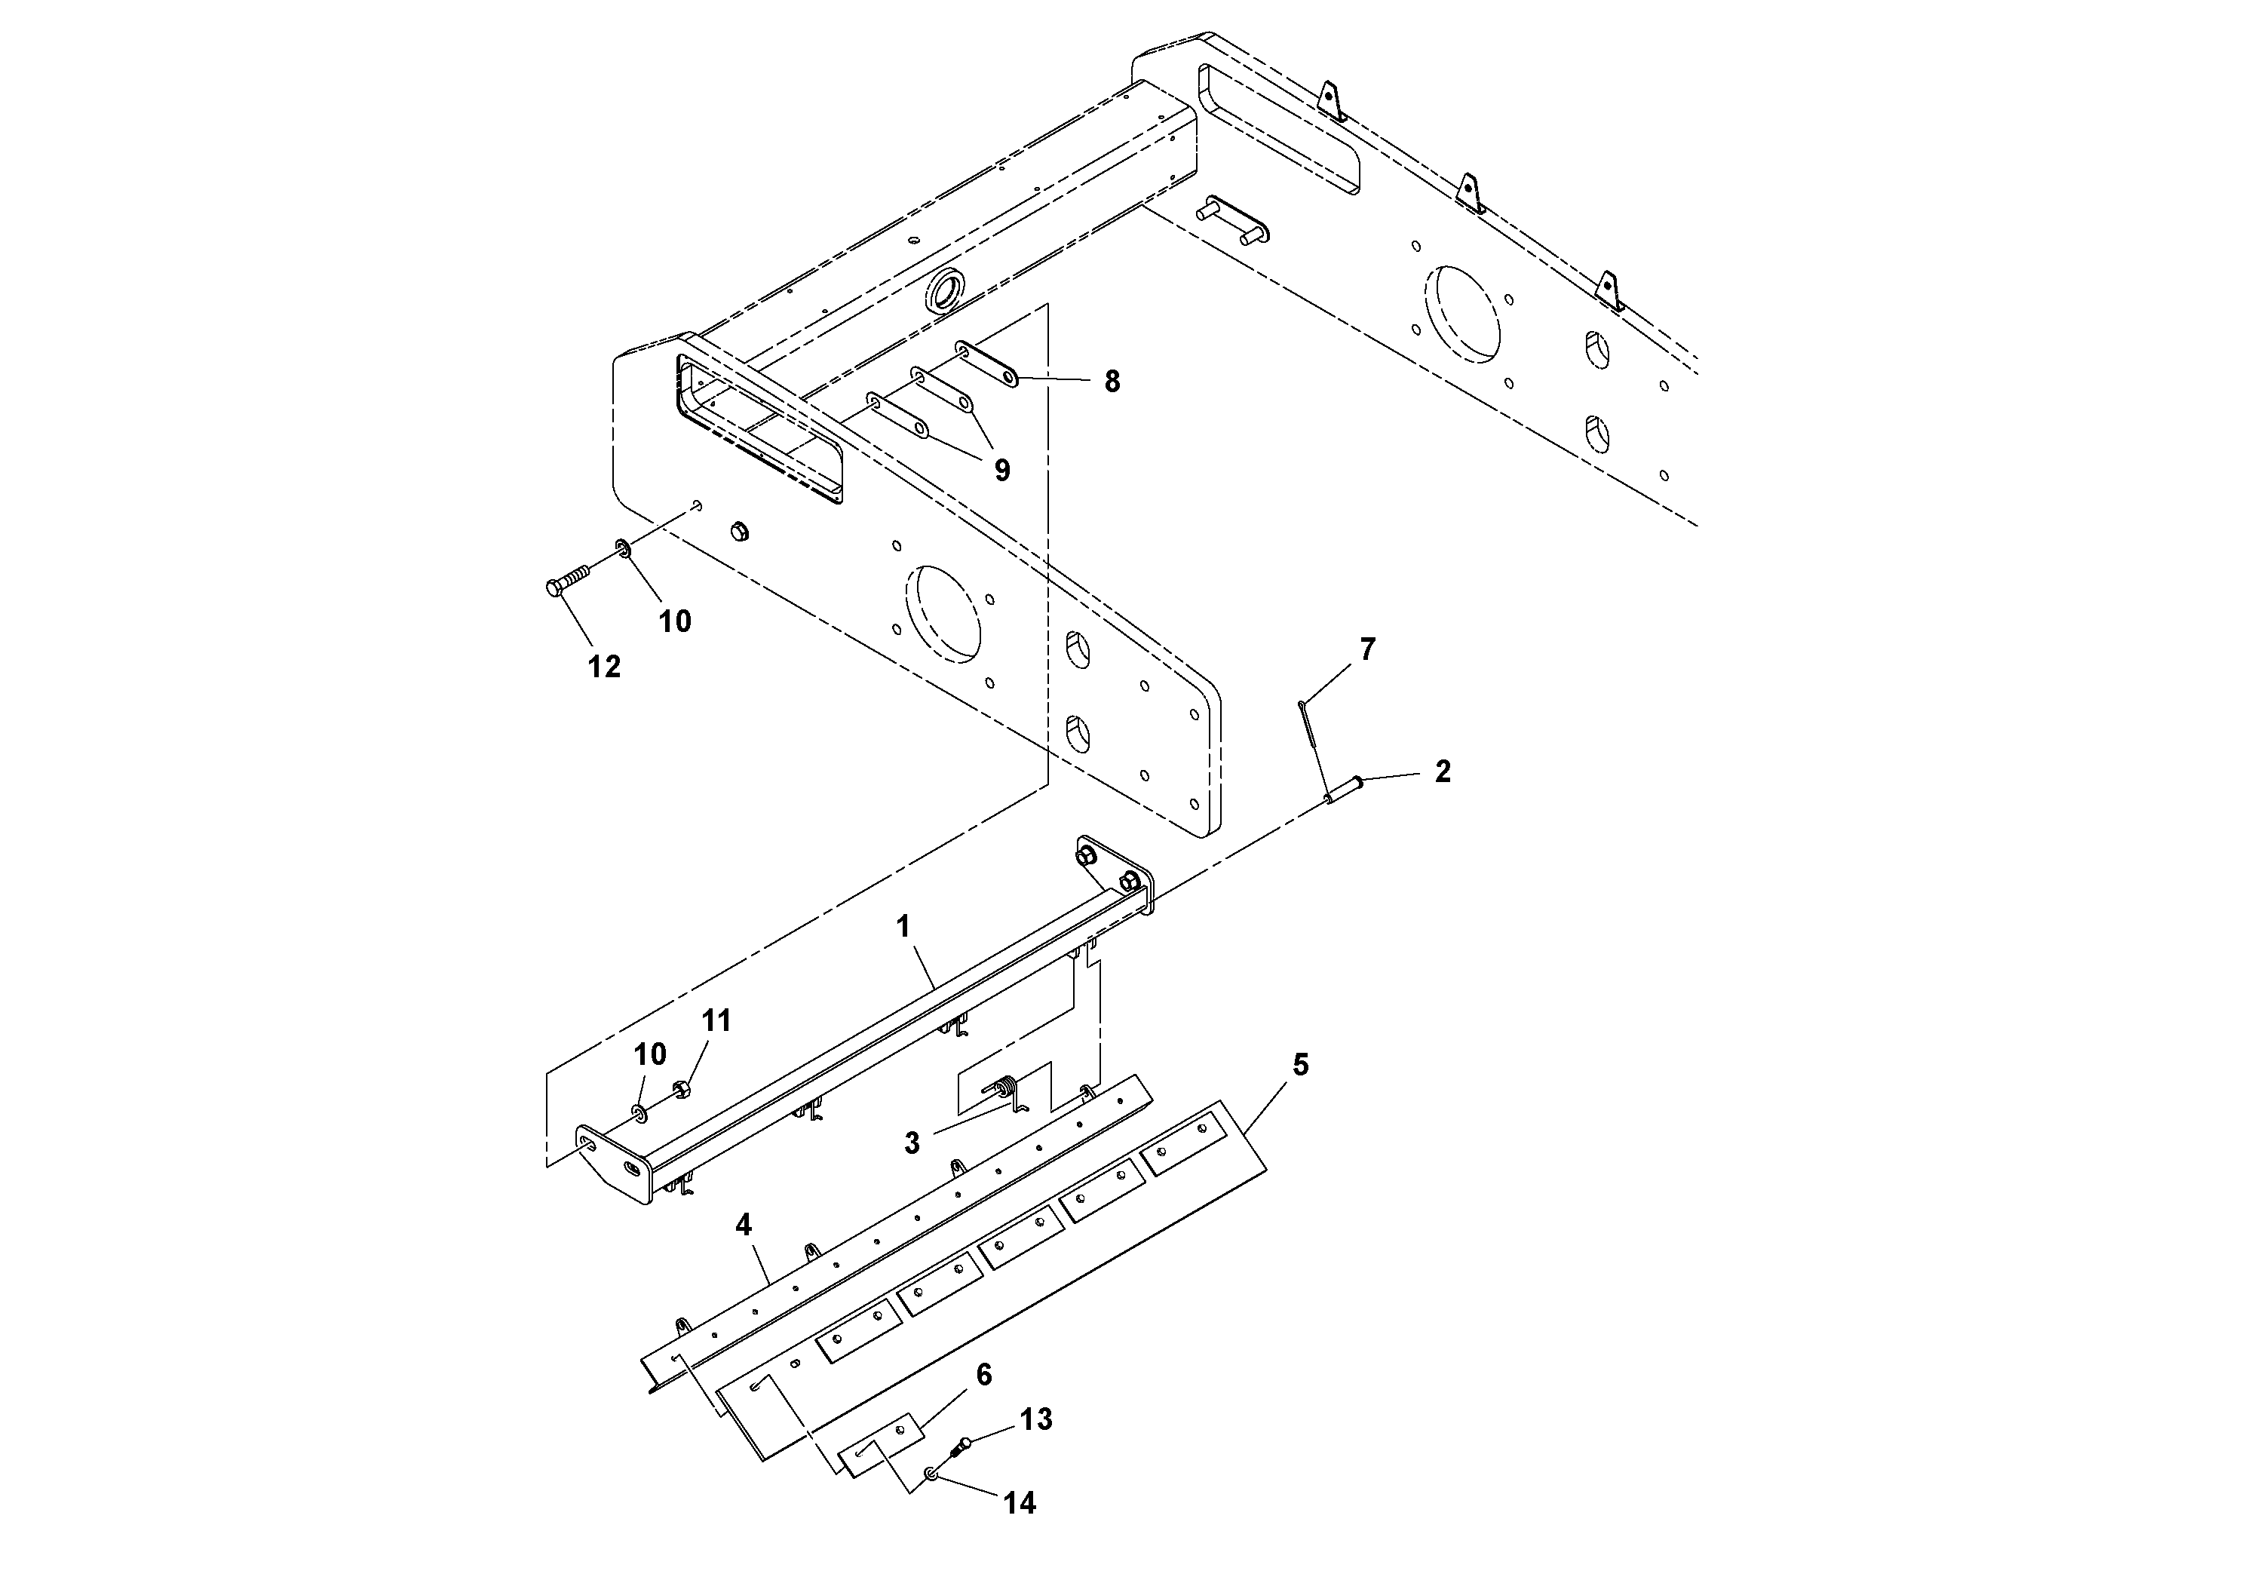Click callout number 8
pos(1112,382)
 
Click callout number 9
pos(1002,471)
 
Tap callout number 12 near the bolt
pos(604,667)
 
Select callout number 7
pos(1368,649)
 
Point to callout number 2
pos(1442,772)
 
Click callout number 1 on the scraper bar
pos(903,926)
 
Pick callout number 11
pos(716,1021)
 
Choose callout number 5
pos(1300,1065)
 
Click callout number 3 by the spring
pos(911,1143)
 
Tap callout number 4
pos(744,1224)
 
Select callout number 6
pos(983,1375)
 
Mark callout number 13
pos(1035,1419)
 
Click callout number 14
pos(1019,1503)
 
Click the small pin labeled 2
pos(1342,789)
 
